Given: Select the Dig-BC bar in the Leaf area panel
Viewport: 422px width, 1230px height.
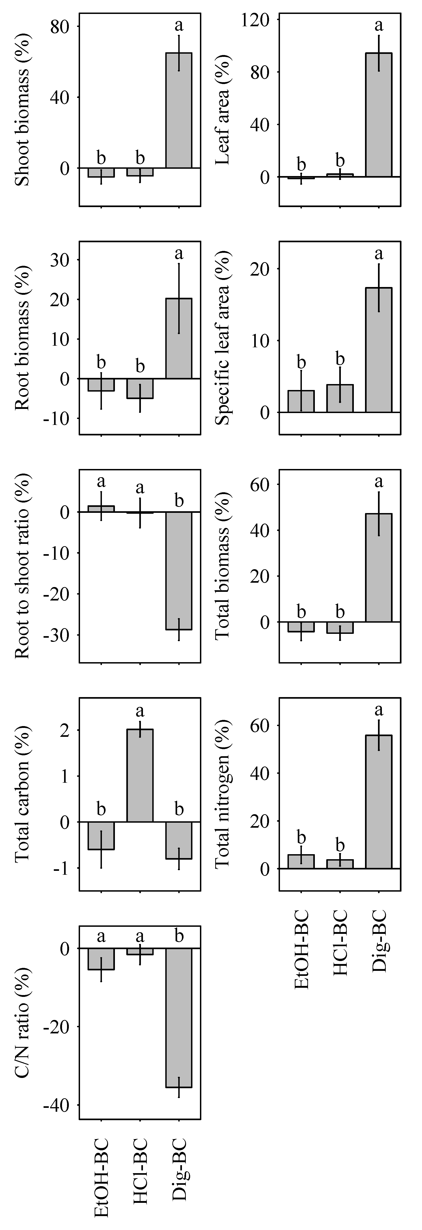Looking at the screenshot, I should [379, 115].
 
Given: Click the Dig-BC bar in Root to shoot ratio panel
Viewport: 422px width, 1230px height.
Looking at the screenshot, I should [179, 571].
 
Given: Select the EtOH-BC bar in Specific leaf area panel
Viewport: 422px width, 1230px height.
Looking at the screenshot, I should [301, 401].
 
